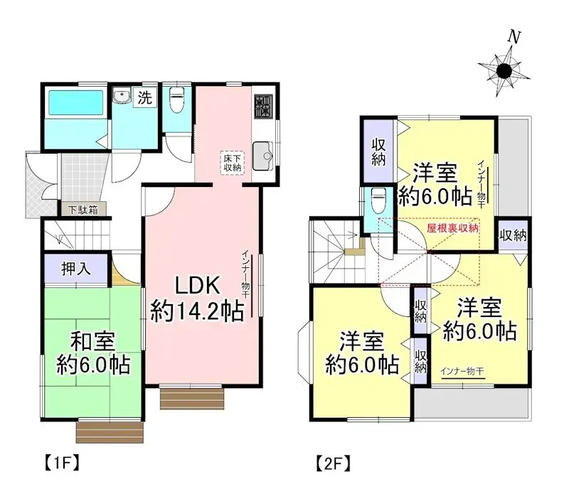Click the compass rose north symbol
pos(506,70)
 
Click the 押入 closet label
pos(74,269)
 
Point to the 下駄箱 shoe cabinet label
pos(83,210)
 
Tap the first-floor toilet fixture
pos(176,100)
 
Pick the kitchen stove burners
pos(262,107)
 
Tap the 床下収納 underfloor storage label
pos(231,162)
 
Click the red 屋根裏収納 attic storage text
pos(452,229)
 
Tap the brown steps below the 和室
pos(110,431)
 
